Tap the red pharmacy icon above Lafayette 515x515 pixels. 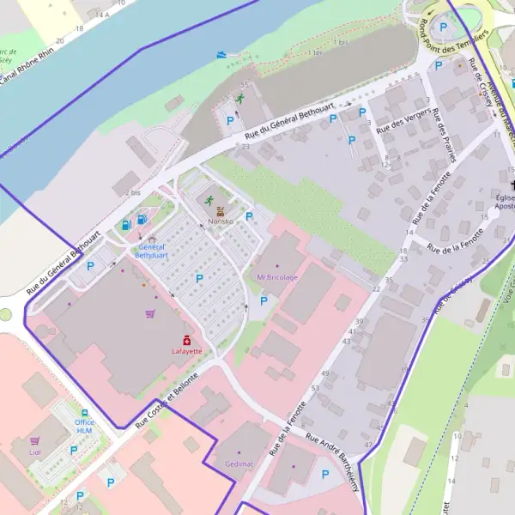pos(186,340)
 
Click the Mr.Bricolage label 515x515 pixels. pos(277,277)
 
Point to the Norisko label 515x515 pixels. pos(221,221)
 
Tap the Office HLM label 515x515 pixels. pos(84,427)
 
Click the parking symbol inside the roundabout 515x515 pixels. pos(443,27)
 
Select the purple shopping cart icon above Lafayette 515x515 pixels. pos(151,314)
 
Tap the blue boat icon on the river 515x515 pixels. pos(223,54)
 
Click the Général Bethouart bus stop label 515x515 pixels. pos(152,251)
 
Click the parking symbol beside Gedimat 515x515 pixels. pos(324,474)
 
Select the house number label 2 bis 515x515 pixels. pos(132,193)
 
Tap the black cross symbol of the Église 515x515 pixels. pos(512,186)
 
